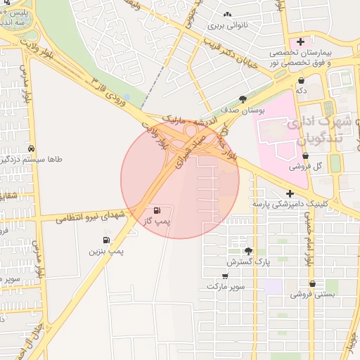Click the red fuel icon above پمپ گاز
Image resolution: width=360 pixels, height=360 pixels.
point(155,210)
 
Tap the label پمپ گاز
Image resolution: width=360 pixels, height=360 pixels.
point(158,221)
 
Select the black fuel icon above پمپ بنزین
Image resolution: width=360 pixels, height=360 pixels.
point(106,240)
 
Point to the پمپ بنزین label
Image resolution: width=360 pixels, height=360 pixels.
point(107,251)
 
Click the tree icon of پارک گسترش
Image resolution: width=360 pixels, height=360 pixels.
point(247,251)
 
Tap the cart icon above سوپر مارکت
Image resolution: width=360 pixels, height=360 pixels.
point(225,276)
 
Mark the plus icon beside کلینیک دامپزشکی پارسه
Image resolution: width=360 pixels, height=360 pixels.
point(289,193)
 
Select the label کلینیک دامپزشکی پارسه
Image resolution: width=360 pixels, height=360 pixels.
point(312,205)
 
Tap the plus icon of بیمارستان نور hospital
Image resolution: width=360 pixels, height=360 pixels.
point(300,42)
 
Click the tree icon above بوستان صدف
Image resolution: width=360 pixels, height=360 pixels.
point(243,99)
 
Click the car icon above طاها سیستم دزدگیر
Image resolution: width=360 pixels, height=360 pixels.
point(32,149)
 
